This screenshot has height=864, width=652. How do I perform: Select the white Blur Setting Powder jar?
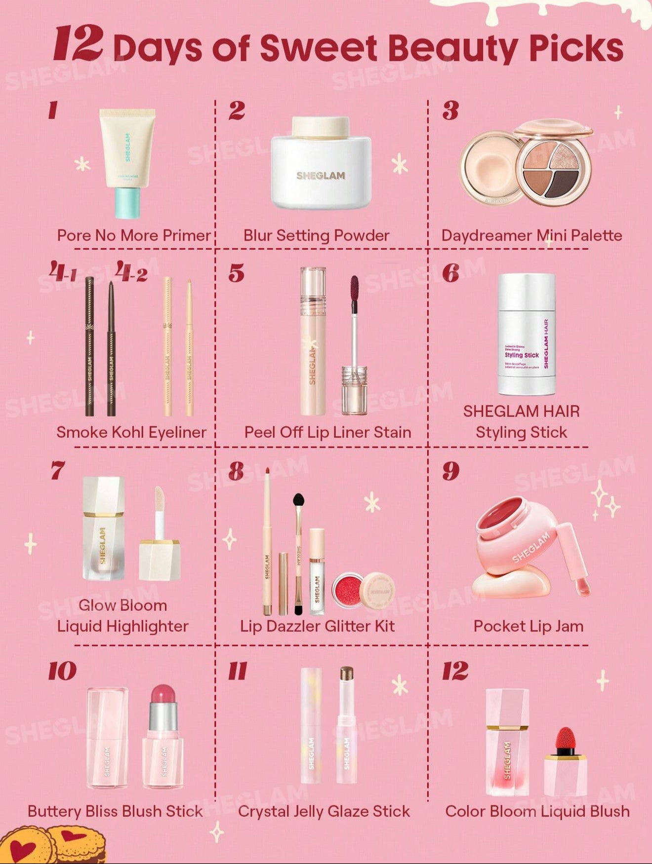pyautogui.click(x=321, y=170)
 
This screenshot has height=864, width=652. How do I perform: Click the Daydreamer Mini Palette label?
pyautogui.click(x=531, y=235)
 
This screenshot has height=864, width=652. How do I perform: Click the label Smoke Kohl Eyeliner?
pyautogui.click(x=131, y=432)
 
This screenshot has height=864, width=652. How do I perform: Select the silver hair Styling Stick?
pyautogui.click(x=526, y=334)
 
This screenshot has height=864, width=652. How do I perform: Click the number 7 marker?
pyautogui.click(x=57, y=470)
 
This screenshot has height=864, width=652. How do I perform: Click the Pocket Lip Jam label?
pyautogui.click(x=529, y=626)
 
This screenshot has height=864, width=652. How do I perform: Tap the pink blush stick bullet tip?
pyautogui.click(x=163, y=696)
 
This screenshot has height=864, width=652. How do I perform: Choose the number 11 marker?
pyautogui.click(x=238, y=671)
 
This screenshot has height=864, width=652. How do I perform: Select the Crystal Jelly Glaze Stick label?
pyautogui.click(x=324, y=811)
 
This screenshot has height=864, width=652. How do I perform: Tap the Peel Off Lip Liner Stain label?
pyautogui.click(x=327, y=432)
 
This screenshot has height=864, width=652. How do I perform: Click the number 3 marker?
pyautogui.click(x=450, y=111)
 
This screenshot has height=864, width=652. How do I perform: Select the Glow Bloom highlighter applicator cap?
pyautogui.click(x=160, y=560)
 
